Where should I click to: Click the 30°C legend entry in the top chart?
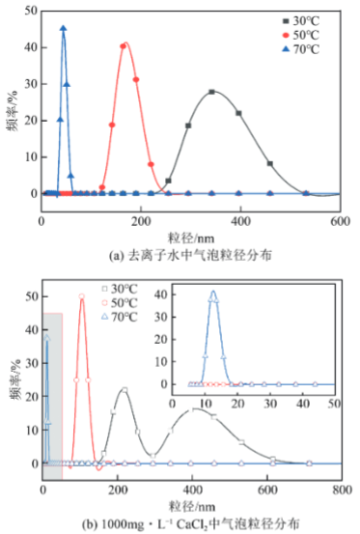[301, 21]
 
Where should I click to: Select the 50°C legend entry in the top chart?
[301, 36]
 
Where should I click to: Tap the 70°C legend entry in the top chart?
[301, 49]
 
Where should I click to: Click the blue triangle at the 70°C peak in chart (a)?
[64, 29]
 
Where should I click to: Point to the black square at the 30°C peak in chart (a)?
[211, 92]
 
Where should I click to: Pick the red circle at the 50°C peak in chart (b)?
[82, 296]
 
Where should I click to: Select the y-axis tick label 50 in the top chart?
[31, 11]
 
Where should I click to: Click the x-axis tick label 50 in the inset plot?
[335, 404]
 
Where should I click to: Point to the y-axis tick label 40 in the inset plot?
[160, 295]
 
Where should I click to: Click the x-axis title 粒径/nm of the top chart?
[191, 239]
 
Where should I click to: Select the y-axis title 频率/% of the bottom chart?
[15, 379]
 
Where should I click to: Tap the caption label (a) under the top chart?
[115, 256]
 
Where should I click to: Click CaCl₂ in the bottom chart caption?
[191, 524]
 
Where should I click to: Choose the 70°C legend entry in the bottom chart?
[120, 318]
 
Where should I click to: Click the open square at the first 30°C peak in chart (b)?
[125, 390]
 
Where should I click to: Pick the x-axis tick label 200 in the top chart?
[141, 222]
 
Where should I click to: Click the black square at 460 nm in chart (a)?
[270, 164]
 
